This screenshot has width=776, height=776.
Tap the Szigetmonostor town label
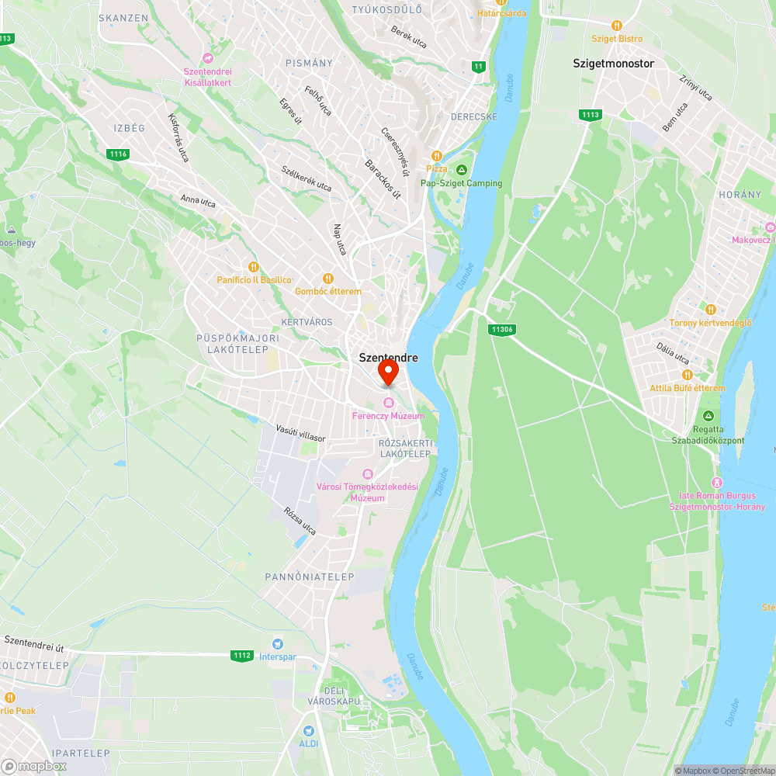click(613, 64)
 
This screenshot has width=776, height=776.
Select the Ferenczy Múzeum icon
click(388, 401)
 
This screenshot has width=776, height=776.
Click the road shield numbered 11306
click(502, 329)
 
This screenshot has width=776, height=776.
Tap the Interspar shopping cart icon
click(277, 643)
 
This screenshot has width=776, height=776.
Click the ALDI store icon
click(309, 730)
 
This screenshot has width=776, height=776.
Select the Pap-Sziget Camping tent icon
click(461, 169)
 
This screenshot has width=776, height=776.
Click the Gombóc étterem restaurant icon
click(327, 278)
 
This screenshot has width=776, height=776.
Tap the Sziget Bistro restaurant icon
click(617, 25)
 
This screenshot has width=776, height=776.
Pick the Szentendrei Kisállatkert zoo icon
click(207, 58)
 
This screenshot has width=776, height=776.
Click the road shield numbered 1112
click(241, 656)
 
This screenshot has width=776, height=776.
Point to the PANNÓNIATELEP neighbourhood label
click(310, 577)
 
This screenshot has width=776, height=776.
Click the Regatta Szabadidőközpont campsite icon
click(707, 416)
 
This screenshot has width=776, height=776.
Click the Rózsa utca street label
click(300, 521)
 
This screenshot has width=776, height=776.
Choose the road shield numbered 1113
click(590, 115)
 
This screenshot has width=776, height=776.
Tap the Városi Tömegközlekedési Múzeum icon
click(367, 474)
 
